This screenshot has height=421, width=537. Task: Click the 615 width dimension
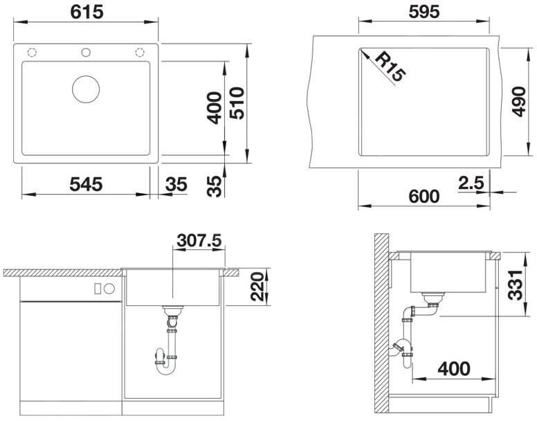87,12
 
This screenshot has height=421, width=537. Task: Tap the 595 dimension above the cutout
424,12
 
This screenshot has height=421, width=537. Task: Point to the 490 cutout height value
518,102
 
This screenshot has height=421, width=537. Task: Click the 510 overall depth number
237,103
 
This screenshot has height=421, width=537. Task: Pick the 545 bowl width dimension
86,184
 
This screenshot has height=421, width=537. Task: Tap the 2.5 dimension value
471,183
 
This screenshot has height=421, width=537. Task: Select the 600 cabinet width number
424,196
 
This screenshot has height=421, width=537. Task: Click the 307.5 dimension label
199,240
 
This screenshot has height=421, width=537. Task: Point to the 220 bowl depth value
258,287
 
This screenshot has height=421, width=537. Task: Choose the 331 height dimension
515,285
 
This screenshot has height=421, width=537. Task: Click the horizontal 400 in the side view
454,368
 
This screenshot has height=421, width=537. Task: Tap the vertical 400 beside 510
215,107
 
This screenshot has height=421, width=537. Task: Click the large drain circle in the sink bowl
86,89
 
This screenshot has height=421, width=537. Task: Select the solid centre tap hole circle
86,53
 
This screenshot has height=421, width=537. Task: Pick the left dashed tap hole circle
32,53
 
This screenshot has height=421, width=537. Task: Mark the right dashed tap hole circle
140,53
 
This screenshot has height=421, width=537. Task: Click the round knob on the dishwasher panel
109,289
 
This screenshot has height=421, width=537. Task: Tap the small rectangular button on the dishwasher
98,289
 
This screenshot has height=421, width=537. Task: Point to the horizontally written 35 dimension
176,184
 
